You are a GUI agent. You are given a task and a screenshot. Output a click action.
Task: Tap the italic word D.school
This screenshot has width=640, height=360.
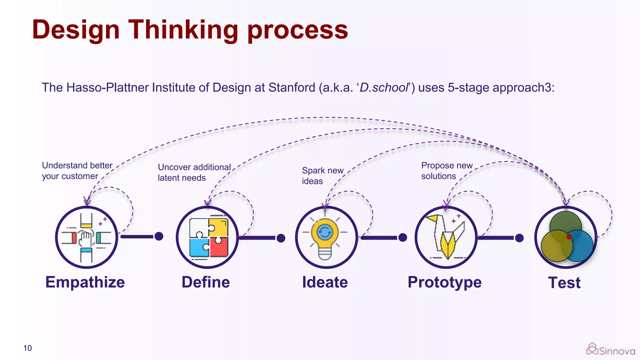click(384, 88)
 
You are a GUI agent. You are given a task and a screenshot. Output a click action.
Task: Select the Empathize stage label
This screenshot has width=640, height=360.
click(85, 282)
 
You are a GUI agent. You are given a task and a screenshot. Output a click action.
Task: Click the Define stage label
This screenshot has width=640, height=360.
click(206, 282)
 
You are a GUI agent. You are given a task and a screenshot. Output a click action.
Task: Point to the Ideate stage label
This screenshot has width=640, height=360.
click(325, 282)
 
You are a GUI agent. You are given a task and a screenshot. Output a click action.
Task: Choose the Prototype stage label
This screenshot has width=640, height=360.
click(444, 282)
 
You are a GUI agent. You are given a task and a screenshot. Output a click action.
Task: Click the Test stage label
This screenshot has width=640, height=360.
click(564, 283)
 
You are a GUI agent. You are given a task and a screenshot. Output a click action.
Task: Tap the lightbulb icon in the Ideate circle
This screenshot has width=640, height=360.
click(325, 237)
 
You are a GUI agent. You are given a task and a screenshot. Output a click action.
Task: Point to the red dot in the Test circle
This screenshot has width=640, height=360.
click(569, 237)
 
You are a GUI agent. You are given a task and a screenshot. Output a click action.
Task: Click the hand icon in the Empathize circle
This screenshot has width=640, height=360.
click(86, 239)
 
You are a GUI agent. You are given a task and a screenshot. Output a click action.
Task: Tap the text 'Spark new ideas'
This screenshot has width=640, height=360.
click(322, 176)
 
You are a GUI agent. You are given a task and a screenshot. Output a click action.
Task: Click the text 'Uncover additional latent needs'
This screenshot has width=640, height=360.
click(194, 172)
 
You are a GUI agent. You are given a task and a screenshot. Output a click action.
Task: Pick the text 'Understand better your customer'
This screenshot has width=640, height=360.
click(77, 171)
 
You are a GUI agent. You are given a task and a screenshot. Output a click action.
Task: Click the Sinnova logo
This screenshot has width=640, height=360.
click(610, 349)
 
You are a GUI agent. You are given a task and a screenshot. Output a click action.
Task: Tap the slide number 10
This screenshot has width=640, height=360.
click(27, 348)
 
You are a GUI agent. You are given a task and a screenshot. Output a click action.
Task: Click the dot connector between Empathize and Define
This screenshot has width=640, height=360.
click(159, 236)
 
